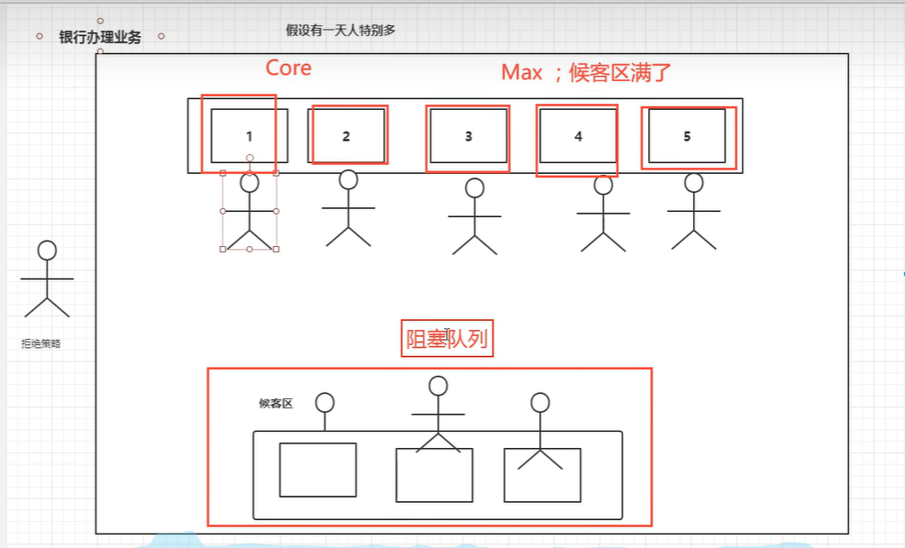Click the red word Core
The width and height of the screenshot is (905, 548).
(x=288, y=68)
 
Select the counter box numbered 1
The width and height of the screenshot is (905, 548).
(x=250, y=136)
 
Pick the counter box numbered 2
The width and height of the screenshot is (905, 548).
(x=347, y=136)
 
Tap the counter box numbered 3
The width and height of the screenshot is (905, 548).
(x=468, y=136)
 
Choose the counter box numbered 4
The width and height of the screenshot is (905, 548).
(x=578, y=136)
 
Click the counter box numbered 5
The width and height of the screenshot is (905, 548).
(x=687, y=136)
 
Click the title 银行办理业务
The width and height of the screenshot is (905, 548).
(x=100, y=38)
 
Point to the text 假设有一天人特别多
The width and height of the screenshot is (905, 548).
(x=341, y=30)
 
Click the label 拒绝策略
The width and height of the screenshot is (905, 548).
(x=41, y=343)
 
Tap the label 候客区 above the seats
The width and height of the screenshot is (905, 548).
(x=276, y=403)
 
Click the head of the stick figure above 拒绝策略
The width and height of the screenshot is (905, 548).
(x=47, y=250)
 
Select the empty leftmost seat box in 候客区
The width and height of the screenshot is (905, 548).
(x=317, y=470)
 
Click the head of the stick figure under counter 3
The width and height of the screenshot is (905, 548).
(x=474, y=188)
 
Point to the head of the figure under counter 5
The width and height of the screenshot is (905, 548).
(x=693, y=183)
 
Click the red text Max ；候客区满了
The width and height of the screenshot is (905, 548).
(x=587, y=73)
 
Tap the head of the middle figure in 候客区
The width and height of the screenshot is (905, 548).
(x=438, y=386)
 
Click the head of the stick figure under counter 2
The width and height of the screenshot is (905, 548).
(x=349, y=179)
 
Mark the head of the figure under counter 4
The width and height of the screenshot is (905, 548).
(x=603, y=186)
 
